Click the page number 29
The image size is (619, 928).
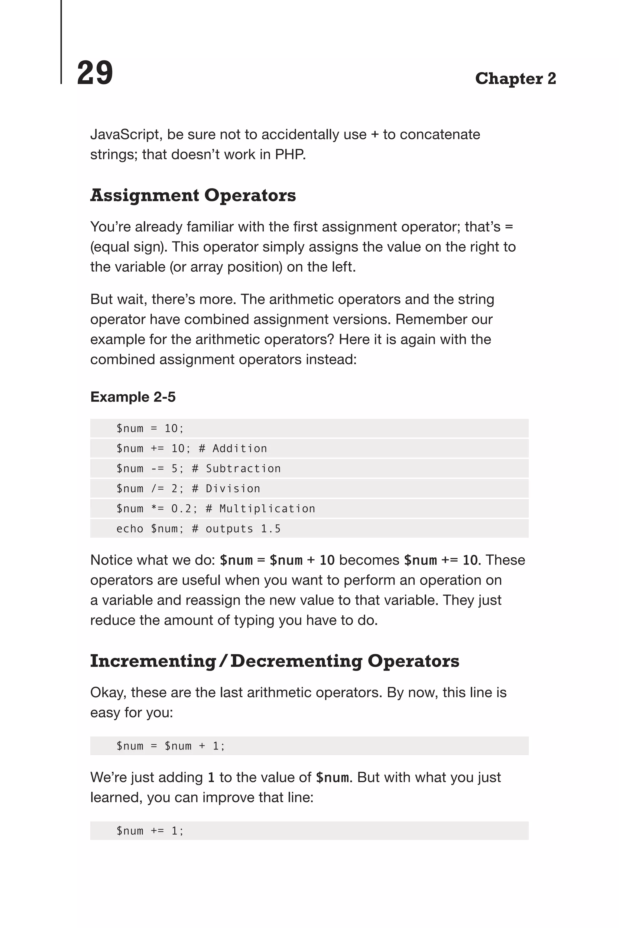[95, 73]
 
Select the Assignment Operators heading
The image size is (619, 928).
[193, 195]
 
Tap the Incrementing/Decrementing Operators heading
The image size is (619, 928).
[274, 661]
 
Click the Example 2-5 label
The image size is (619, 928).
[133, 397]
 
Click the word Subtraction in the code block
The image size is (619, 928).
[243, 469]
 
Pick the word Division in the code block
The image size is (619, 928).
[233, 489]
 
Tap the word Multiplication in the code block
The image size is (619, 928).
[267, 509]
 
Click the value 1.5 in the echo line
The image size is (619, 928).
[271, 529]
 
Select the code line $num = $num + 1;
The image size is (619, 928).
[170, 746]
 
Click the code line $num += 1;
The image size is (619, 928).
[150, 831]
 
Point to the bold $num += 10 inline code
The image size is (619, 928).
[441, 560]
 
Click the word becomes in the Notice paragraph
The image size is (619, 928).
[369, 560]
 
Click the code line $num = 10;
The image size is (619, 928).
[150, 428]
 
